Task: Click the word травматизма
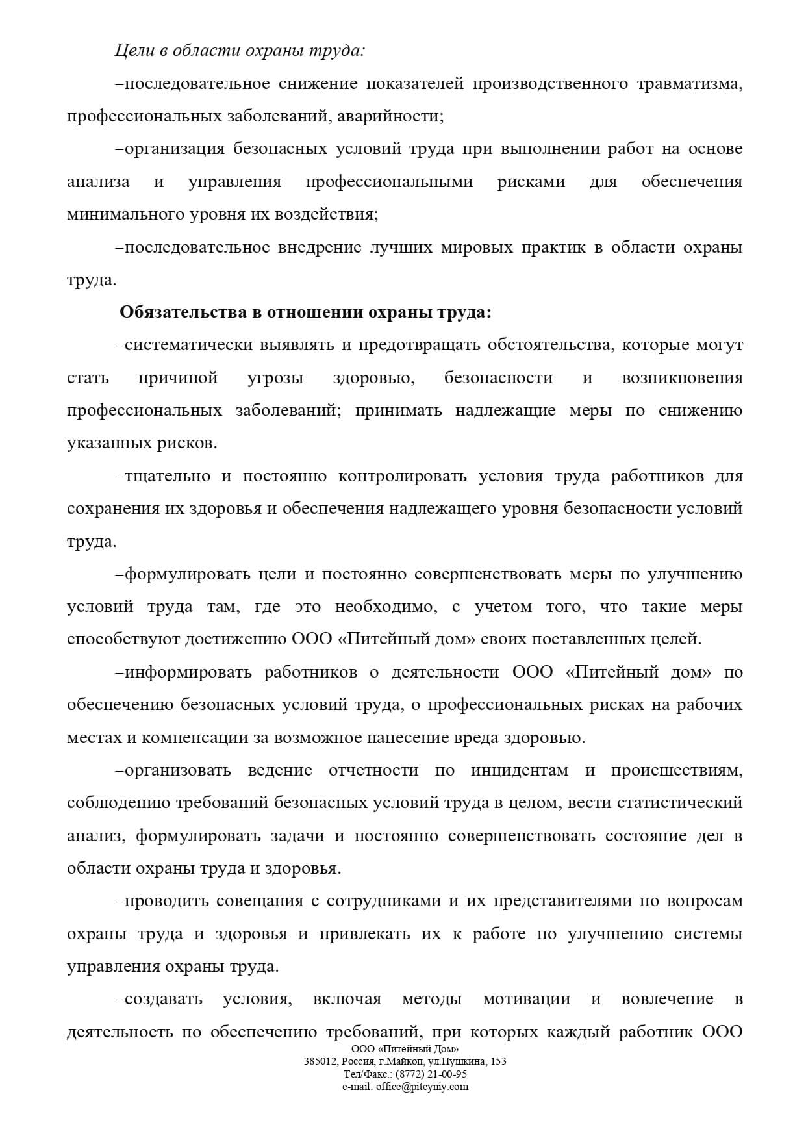click(689, 84)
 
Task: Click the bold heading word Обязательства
click(181, 312)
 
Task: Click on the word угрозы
click(275, 378)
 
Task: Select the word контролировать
click(403, 476)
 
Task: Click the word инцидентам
click(520, 770)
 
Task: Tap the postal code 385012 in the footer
click(318, 1061)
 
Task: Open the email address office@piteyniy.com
click(422, 1086)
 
